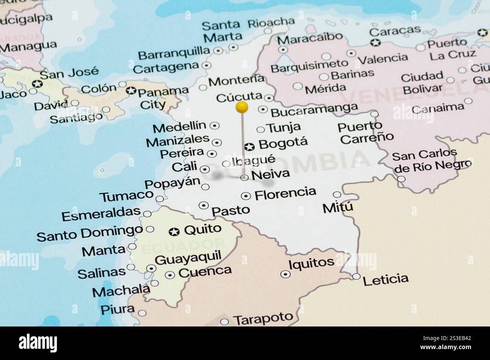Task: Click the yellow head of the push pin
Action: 242,107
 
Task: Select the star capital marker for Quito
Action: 174,232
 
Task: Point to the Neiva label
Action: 271,174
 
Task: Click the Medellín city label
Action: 179,127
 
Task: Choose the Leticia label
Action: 385,279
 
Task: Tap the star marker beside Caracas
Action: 375,43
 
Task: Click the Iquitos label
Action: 311,263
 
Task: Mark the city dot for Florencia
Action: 246,196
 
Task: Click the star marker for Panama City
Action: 131,91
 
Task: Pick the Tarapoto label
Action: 263,319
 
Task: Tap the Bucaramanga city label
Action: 314,110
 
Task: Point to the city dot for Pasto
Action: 204,205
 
